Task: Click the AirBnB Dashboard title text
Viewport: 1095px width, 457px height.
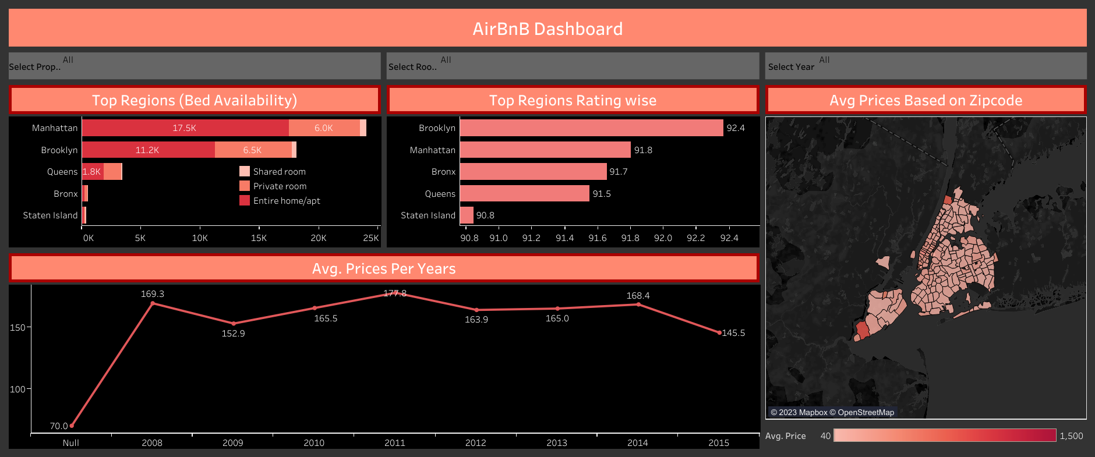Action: tap(547, 29)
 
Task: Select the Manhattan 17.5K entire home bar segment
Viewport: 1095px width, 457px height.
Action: tap(185, 128)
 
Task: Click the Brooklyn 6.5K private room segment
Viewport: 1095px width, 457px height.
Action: tap(253, 150)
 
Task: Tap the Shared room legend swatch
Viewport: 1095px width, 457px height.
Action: tap(245, 172)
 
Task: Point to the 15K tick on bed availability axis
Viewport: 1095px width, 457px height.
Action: tap(259, 238)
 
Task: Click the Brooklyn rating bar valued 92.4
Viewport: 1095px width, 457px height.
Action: tap(591, 128)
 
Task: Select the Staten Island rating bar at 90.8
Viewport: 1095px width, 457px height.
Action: tap(467, 215)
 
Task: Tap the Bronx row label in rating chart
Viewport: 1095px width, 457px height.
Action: tap(443, 172)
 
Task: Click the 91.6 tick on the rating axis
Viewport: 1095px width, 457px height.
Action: tap(598, 238)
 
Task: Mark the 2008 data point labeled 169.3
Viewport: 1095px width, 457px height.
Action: tap(153, 303)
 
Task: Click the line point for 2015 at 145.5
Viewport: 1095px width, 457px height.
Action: tap(719, 332)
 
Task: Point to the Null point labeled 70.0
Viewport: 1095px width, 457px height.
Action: tap(72, 426)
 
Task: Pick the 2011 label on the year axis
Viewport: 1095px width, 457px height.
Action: tap(395, 443)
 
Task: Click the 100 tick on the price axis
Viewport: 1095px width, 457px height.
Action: tap(17, 389)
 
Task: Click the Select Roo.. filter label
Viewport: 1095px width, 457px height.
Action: tap(412, 67)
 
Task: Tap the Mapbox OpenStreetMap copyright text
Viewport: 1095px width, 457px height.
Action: tap(832, 412)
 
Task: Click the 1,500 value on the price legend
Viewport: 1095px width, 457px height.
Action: tap(1071, 436)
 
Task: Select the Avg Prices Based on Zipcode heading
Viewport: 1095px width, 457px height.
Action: tap(926, 100)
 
